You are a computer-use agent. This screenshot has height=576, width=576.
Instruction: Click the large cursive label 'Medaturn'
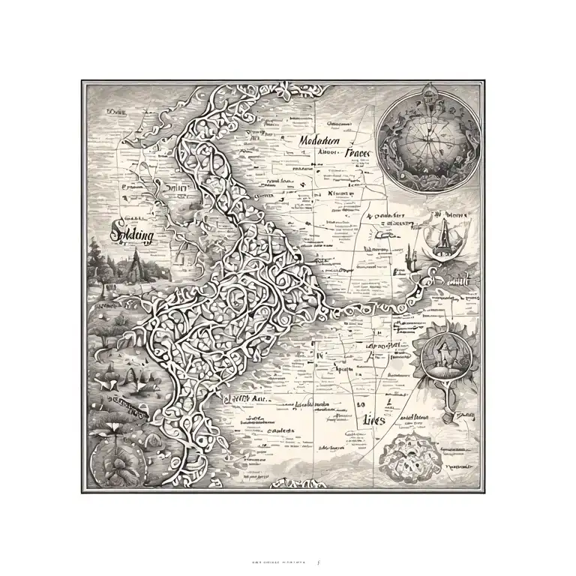click(319, 140)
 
